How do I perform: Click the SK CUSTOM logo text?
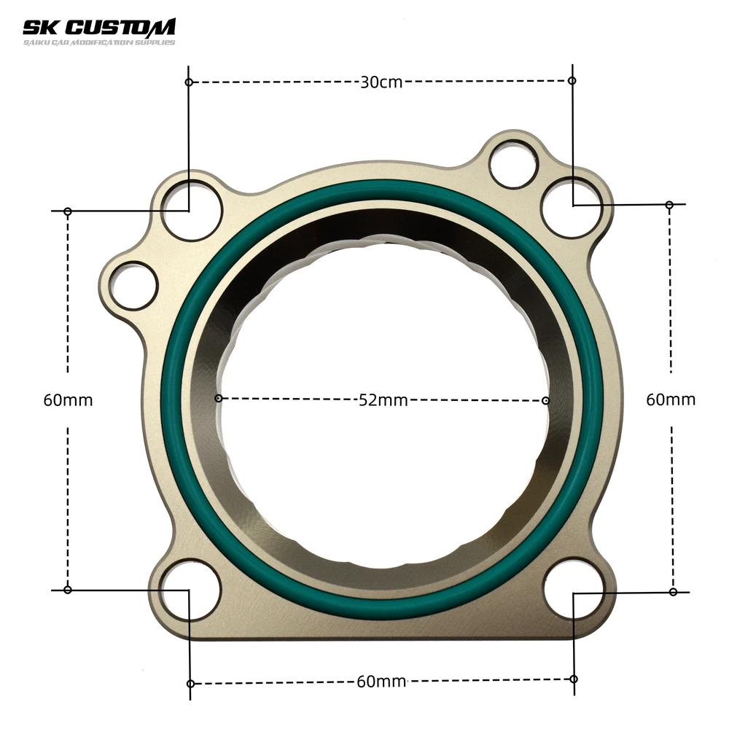(x=98, y=28)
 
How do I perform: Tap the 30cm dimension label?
(x=381, y=82)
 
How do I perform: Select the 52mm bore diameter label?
(x=383, y=399)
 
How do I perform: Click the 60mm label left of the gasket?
(x=68, y=400)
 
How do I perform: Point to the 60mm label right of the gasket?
(x=671, y=399)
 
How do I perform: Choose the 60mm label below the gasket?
(x=381, y=682)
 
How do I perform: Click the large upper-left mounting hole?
(x=191, y=210)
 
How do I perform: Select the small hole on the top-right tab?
(x=513, y=164)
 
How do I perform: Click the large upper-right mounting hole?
(x=572, y=206)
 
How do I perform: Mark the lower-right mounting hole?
(x=574, y=589)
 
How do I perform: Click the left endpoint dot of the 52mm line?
(x=218, y=398)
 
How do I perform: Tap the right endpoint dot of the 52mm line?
(x=546, y=399)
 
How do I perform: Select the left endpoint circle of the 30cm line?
(x=189, y=82)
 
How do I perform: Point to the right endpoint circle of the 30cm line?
(x=572, y=80)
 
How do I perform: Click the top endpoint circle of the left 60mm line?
(x=68, y=211)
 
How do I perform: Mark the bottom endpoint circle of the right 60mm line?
(x=673, y=591)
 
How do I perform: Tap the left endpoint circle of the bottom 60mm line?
(x=190, y=684)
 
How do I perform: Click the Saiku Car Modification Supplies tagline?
(x=98, y=42)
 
